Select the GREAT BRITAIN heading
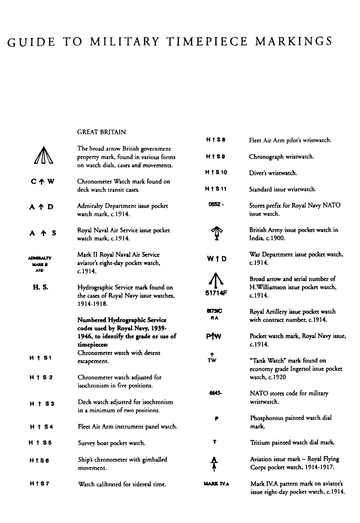(101, 132)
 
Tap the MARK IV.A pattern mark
(217, 484)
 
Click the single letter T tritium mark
(214, 442)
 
